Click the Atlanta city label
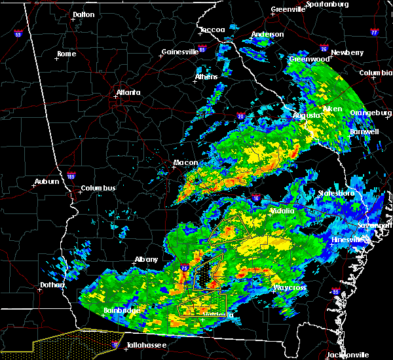[128, 92]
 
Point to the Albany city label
[146, 259]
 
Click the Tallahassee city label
[147, 345]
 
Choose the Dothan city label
[52, 285]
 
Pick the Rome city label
[67, 54]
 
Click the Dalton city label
[83, 14]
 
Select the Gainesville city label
[179, 52]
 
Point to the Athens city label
[206, 77]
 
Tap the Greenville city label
[288, 10]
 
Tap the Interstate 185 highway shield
[71, 175]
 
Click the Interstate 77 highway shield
[374, 31]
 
